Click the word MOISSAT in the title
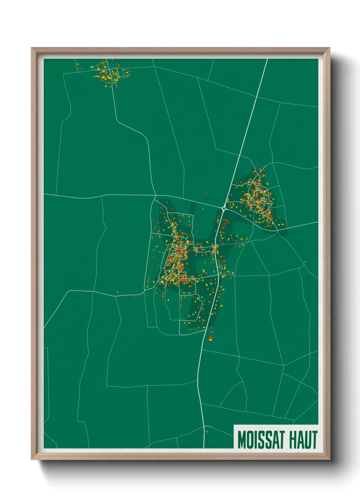click(262, 440)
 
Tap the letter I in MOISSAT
click(257, 440)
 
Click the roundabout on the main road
click(224, 208)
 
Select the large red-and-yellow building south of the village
click(211, 338)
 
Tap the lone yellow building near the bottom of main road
click(207, 432)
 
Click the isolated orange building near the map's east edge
click(305, 262)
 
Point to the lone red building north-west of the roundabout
click(206, 192)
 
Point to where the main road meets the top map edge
click(267, 59)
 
